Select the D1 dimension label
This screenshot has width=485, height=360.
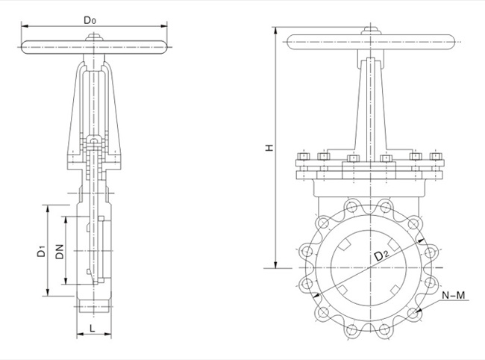click(x=42, y=253)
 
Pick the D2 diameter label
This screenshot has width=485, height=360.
click(x=381, y=256)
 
